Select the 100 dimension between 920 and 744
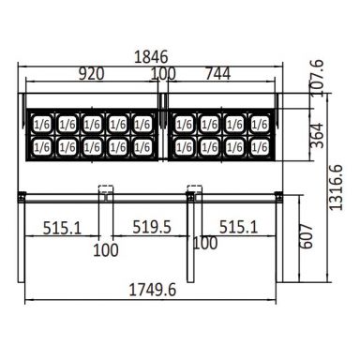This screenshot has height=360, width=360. click(162, 74)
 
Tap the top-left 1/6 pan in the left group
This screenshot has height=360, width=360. click(41, 123)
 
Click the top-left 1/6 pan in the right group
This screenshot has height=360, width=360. click(182, 123)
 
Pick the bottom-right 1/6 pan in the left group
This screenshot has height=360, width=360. click(142, 146)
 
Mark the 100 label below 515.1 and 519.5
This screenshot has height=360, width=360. click(106, 251)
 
